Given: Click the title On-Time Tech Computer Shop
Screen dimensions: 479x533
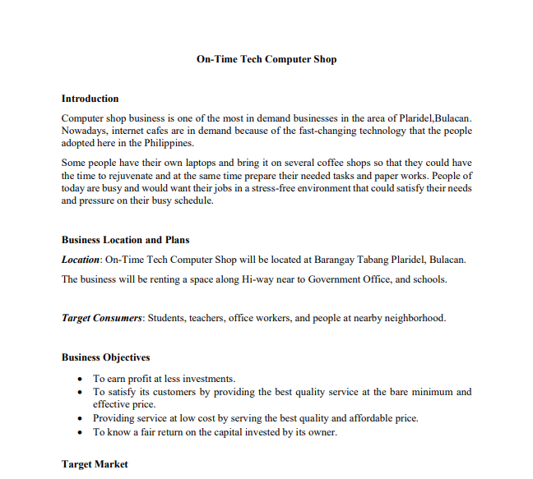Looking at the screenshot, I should [266, 59].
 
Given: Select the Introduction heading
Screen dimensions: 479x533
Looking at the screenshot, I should [90, 99].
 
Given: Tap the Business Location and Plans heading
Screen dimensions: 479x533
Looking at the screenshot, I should [125, 240].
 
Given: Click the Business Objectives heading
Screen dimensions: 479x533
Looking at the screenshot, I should [105, 357].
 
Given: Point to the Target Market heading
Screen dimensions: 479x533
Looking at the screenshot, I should [95, 464].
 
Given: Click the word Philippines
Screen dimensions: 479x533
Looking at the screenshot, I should [170, 142].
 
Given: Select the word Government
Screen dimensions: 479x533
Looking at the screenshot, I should [336, 279].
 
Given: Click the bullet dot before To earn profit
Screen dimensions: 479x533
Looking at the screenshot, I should [79, 379].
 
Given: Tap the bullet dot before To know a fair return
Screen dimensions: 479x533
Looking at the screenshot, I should [79, 432].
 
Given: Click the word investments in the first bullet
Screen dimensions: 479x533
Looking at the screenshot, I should [209, 379].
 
